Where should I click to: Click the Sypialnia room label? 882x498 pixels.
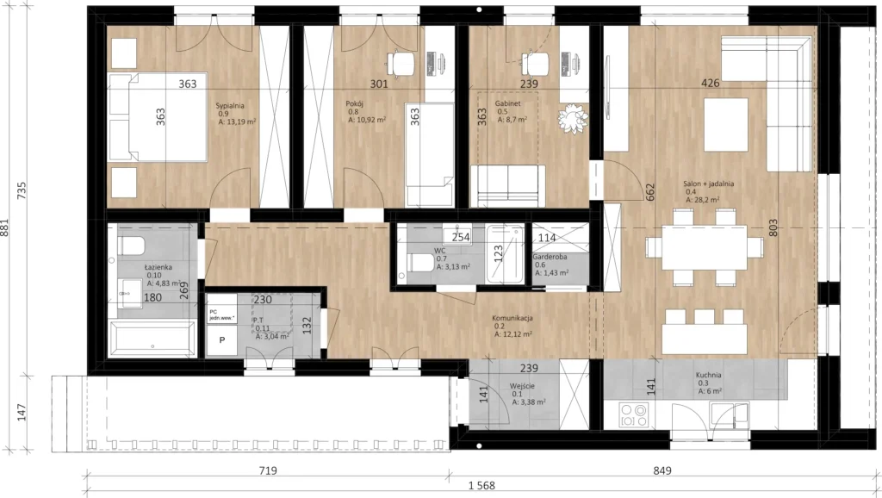tap(230, 106)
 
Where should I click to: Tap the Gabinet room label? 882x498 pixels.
tap(507, 104)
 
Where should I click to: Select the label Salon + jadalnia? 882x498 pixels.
tap(708, 184)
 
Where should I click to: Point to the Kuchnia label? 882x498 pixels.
tap(708, 376)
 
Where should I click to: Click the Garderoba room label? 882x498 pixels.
tap(550, 257)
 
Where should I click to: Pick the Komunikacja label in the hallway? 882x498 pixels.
tap(513, 319)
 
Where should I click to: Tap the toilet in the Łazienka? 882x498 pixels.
tap(131, 246)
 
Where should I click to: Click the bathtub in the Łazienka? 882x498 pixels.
tap(152, 339)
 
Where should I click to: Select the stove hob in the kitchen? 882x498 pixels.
tap(633, 414)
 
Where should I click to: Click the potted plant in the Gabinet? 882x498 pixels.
tap(573, 119)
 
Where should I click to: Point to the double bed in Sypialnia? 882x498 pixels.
tap(158, 117)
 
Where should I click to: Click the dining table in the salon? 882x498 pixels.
tap(705, 247)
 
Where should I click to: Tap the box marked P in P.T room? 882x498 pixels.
tap(222, 339)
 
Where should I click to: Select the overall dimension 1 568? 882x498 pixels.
tap(481, 486)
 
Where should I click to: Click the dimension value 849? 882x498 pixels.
tap(662, 470)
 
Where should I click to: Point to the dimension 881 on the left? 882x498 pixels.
tap(6, 227)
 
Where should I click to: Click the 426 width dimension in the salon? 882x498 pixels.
tap(711, 84)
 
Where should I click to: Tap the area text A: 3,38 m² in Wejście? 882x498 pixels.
tap(528, 402)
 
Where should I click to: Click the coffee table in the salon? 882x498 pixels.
tap(725, 125)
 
